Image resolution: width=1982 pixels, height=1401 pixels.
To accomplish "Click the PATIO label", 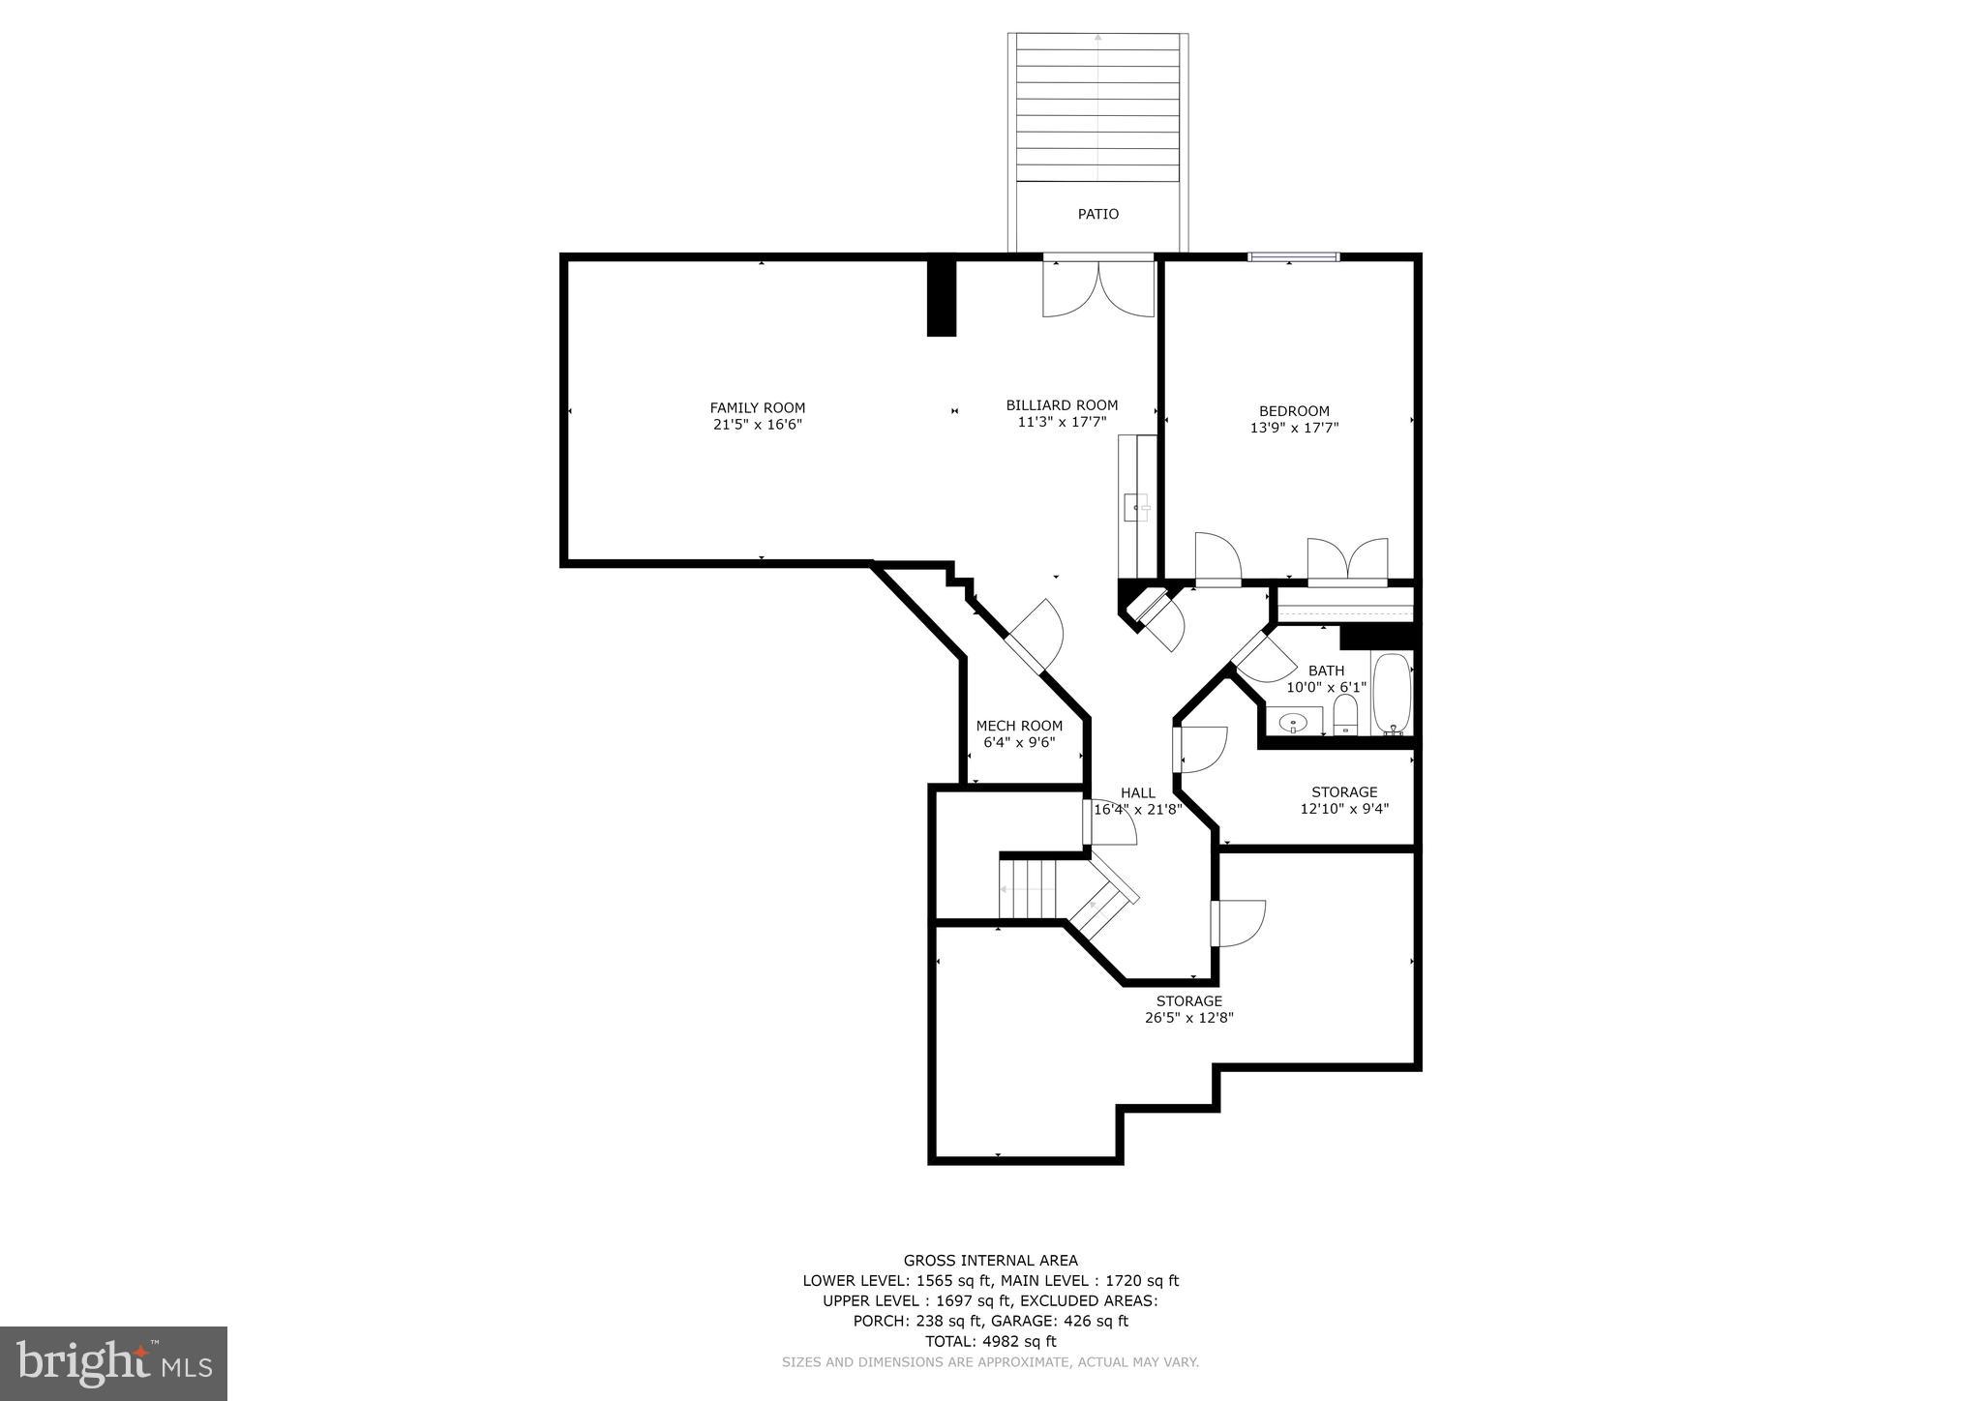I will [x=1097, y=214].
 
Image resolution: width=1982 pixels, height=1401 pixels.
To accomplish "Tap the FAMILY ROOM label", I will [x=757, y=408].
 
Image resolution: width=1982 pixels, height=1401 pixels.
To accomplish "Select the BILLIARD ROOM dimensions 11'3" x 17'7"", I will [x=1062, y=422].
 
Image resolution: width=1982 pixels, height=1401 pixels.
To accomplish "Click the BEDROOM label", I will [x=1294, y=411].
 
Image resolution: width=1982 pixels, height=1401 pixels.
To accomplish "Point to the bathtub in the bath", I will [x=1392, y=692].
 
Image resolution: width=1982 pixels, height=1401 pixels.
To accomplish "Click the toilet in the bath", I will [x=1345, y=716].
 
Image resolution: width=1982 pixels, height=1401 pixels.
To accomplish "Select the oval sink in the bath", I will [x=1294, y=722].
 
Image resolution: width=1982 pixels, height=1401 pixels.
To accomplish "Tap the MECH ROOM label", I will [x=1019, y=726].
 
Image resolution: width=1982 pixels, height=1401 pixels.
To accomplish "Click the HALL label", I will [x=1137, y=792].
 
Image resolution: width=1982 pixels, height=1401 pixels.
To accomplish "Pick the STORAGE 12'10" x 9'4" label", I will [x=1344, y=800].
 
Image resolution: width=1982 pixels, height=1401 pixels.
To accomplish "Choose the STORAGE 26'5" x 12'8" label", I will [x=1189, y=1009].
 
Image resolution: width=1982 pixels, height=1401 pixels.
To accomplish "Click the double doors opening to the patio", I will [x=1098, y=287].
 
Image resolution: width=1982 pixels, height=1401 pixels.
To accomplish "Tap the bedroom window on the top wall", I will [x=1293, y=256].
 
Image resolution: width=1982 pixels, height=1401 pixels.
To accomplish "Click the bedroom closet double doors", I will [x=1347, y=561].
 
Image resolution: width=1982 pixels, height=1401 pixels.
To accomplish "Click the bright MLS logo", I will [x=113, y=1363].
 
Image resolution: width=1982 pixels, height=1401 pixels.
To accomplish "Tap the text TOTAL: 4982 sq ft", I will [x=990, y=1341].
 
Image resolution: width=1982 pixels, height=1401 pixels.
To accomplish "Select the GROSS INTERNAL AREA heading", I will [x=990, y=1260].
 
